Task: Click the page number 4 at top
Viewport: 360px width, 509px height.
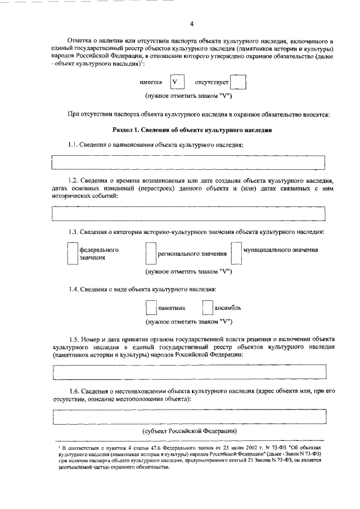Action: coord(191,24)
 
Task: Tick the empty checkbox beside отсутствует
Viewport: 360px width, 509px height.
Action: coord(238,83)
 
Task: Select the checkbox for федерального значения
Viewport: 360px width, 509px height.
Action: coord(71,253)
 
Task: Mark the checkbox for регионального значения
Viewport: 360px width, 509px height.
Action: coord(150,253)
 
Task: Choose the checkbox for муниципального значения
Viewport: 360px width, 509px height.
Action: coord(236,253)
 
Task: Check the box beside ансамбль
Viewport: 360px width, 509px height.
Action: coord(207,308)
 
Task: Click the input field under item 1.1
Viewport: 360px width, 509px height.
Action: coord(188,163)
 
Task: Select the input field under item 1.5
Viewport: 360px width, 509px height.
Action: coord(188,372)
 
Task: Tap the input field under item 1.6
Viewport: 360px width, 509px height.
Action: coord(188,418)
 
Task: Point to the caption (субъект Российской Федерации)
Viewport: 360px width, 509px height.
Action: coord(189,430)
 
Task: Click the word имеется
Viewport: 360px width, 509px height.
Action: coord(151,82)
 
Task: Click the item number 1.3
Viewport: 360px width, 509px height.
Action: coord(73,232)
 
